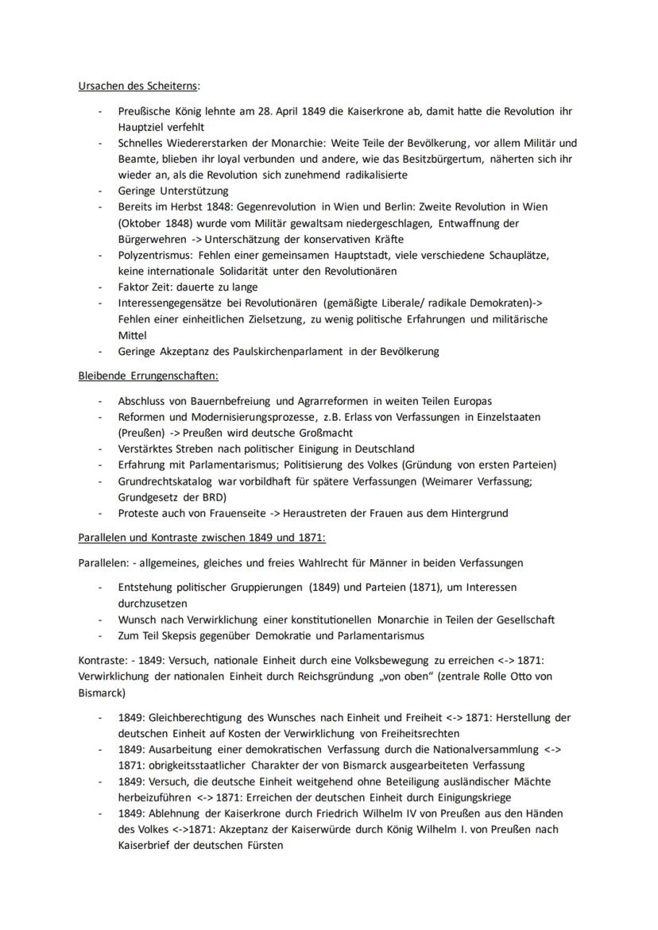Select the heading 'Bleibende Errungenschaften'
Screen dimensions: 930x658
point(148,375)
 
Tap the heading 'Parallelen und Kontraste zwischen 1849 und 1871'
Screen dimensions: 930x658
point(202,538)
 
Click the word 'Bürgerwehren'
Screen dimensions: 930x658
point(152,239)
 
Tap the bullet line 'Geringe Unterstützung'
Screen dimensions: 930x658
point(172,191)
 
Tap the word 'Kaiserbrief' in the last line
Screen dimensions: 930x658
point(146,845)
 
